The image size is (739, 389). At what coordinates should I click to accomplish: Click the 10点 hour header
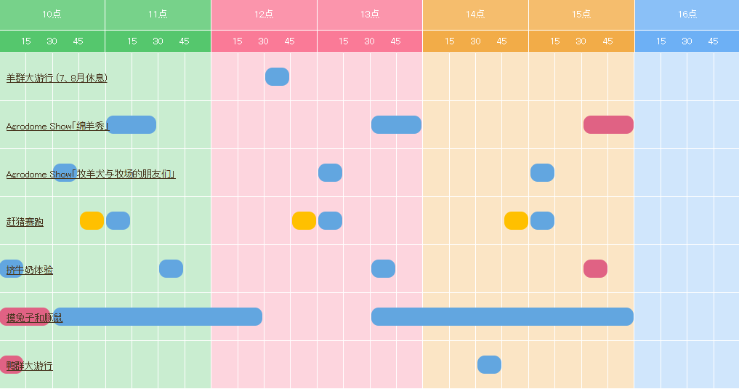(52, 15)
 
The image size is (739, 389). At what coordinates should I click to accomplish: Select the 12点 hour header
(264, 15)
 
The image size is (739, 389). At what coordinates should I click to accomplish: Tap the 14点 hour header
(475, 15)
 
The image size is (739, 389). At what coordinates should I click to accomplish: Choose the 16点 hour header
(687, 15)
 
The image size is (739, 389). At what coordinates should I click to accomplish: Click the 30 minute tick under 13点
(369, 41)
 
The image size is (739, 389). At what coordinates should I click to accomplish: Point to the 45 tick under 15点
(607, 41)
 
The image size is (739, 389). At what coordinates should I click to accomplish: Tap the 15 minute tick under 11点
(132, 41)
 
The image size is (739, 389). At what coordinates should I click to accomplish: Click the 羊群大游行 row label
(57, 78)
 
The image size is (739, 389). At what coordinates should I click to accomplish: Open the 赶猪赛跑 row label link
(25, 222)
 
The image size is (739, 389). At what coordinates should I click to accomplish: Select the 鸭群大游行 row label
(30, 366)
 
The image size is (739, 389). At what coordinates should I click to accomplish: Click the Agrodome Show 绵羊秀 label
(57, 127)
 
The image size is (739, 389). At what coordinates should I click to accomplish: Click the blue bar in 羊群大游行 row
(277, 76)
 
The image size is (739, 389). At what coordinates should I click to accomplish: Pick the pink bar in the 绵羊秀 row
(608, 124)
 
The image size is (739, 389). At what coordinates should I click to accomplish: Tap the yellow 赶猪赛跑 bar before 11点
(92, 220)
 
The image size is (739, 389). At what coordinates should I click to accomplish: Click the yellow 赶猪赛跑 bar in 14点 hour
(516, 220)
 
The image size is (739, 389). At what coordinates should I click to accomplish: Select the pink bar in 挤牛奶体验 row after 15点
(595, 268)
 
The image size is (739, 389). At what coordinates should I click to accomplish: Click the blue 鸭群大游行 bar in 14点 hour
(489, 364)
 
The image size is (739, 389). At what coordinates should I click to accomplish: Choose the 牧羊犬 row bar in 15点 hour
(542, 172)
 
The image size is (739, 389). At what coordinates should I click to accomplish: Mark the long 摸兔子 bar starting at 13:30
(502, 316)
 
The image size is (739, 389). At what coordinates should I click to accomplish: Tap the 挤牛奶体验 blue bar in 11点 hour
(171, 268)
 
